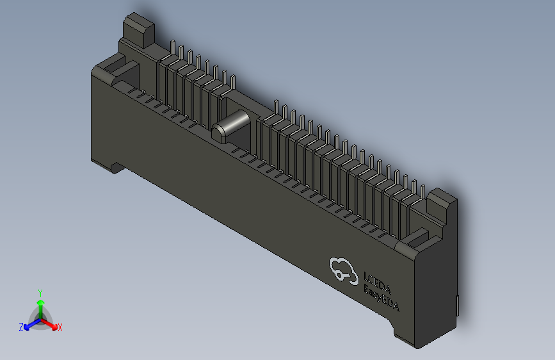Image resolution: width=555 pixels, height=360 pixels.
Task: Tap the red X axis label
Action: [60, 328]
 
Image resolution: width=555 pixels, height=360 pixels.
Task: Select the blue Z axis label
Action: [21, 327]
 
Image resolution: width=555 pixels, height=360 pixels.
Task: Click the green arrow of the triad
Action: [40, 304]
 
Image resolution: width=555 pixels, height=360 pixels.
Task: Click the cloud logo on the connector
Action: [343, 270]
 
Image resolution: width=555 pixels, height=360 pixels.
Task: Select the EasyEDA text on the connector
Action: [381, 299]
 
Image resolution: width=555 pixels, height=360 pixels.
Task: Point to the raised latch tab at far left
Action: [138, 29]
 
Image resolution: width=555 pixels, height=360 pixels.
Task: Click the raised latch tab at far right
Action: [442, 203]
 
